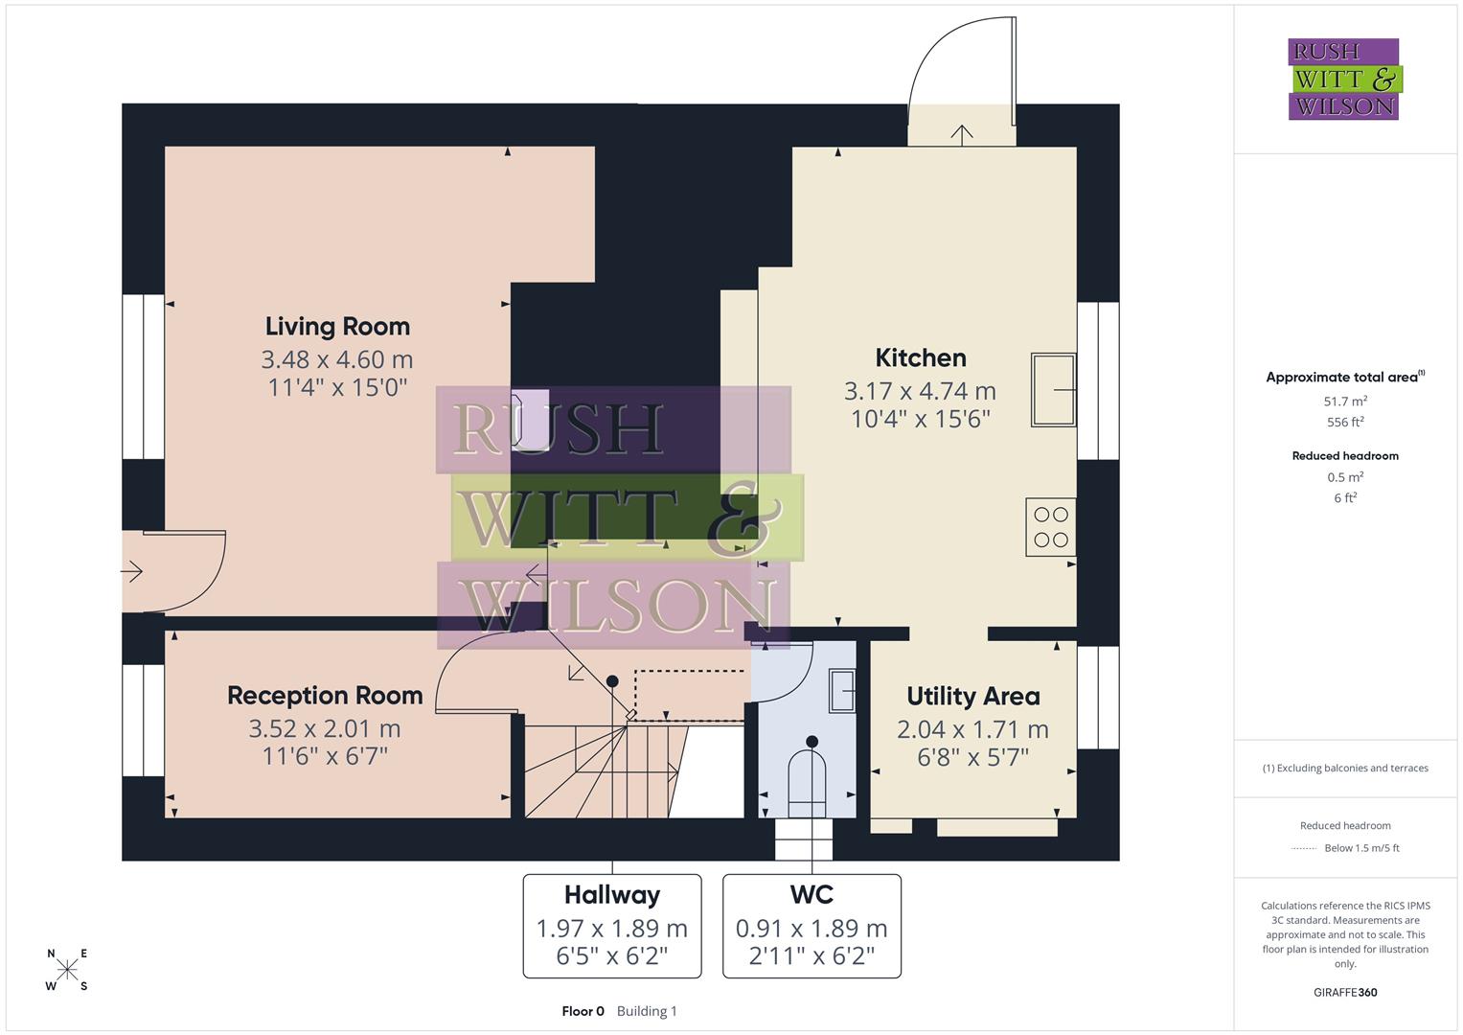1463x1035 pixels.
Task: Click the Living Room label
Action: tap(337, 327)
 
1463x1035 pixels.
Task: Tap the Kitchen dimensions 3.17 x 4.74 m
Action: tap(920, 391)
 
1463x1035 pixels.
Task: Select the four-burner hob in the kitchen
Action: tap(1050, 527)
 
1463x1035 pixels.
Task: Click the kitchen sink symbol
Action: tap(1053, 389)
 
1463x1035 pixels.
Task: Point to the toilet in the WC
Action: tap(807, 781)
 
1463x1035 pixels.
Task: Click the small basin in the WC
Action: tap(842, 691)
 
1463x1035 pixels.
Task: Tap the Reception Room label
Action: tap(325, 696)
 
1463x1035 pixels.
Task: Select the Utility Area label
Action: tap(972, 697)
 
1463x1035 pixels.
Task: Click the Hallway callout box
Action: tap(612, 926)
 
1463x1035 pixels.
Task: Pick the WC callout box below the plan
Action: tap(812, 926)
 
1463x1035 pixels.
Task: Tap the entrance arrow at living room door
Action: tap(132, 572)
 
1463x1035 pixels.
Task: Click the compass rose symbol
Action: tap(67, 970)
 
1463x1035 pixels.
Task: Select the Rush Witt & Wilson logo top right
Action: tap(1343, 79)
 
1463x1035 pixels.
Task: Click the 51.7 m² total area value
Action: tap(1344, 402)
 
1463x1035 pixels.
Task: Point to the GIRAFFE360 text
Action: tap(1344, 993)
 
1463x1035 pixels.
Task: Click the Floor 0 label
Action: tap(583, 1011)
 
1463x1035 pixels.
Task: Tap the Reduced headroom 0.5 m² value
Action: tap(1344, 477)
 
